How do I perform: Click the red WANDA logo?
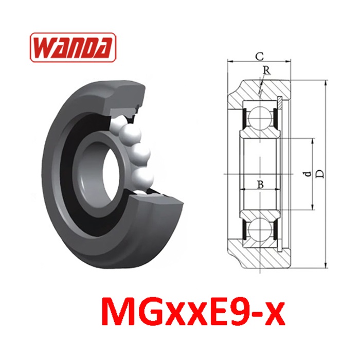[x=73, y=47]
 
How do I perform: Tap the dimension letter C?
[x=260, y=57]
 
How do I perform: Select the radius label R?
[x=266, y=71]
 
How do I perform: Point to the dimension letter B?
[x=260, y=184]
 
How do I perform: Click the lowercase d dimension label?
[x=309, y=174]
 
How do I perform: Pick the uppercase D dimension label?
[x=321, y=174]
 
